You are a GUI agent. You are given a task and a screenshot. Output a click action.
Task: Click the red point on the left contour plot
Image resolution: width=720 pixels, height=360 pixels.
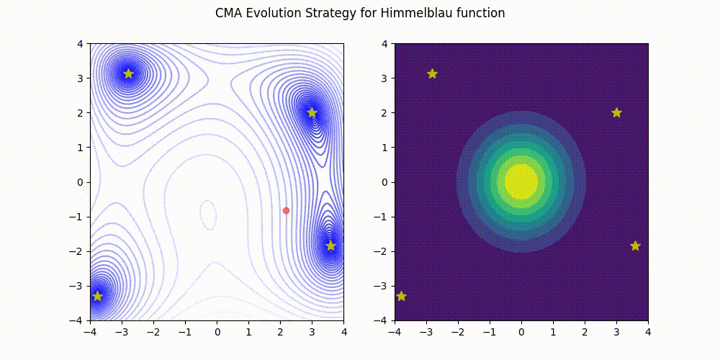pyautogui.click(x=286, y=210)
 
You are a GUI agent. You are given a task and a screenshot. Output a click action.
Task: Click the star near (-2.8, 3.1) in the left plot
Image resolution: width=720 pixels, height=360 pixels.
pyautogui.click(x=128, y=73)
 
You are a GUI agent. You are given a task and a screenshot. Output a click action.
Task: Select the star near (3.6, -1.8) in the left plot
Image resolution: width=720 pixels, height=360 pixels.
pyautogui.click(x=330, y=246)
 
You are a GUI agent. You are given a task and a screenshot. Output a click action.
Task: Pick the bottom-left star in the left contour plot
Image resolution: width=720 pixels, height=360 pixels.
pyautogui.click(x=97, y=296)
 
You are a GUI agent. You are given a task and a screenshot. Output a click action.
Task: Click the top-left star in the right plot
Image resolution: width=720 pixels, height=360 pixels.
pyautogui.click(x=432, y=73)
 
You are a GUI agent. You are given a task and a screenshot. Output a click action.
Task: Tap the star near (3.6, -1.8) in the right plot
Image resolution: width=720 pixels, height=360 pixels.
pyautogui.click(x=635, y=246)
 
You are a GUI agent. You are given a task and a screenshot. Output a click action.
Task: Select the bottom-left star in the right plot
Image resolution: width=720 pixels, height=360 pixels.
pyautogui.click(x=401, y=296)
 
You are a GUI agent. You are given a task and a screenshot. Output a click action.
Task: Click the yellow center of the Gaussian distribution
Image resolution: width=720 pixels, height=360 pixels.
pyautogui.click(x=521, y=181)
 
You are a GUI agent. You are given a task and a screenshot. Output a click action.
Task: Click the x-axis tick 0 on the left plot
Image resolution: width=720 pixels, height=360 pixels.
pyautogui.click(x=217, y=333)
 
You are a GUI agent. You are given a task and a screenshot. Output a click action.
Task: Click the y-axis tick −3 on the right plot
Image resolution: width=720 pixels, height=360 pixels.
pyautogui.click(x=383, y=286)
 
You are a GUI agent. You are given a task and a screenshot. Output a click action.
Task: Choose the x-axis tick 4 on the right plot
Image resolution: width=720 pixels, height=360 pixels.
pyautogui.click(x=648, y=333)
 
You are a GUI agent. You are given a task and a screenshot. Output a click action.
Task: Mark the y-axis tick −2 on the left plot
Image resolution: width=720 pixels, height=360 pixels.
pyautogui.click(x=79, y=251)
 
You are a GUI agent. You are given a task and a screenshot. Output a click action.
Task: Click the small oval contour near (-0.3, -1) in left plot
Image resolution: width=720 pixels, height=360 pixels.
pyautogui.click(x=208, y=214)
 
